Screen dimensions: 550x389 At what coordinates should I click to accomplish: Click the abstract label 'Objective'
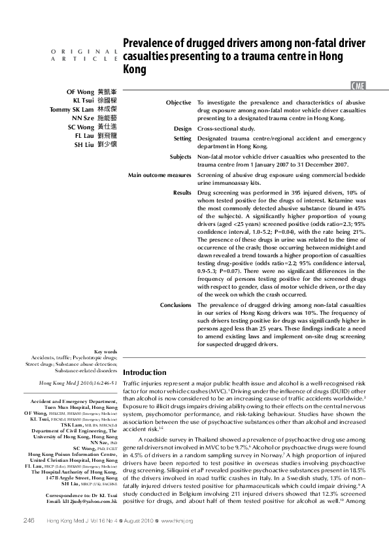[x=178, y=103]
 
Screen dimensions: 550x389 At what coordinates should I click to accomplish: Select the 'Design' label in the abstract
[x=182, y=129]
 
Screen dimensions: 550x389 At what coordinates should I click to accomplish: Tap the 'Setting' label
[x=182, y=138]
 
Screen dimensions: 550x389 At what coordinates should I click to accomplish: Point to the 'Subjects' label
[x=180, y=157]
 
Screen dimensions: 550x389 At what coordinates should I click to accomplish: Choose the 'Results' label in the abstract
[x=182, y=194]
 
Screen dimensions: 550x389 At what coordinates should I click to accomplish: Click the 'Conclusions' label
[x=176, y=305]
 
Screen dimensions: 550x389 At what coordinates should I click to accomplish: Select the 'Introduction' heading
[x=145, y=372]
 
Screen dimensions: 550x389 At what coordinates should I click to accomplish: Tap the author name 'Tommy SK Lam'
[x=72, y=109]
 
